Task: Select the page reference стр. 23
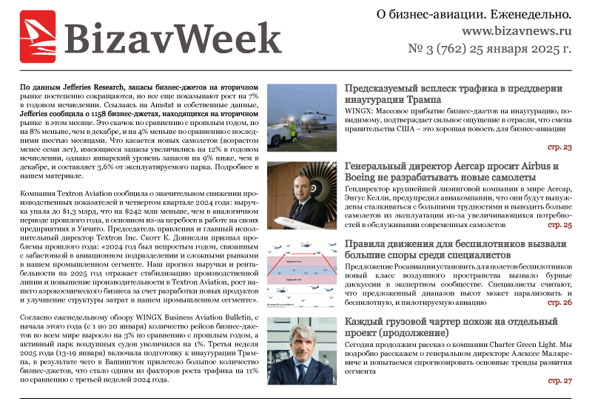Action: point(559,148)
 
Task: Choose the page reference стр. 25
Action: point(559,225)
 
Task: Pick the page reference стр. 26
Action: point(559,303)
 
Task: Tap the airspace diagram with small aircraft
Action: point(303,271)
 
